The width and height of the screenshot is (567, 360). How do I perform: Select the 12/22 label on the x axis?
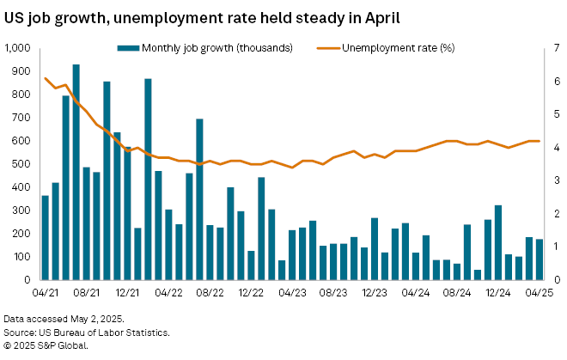click(x=250, y=293)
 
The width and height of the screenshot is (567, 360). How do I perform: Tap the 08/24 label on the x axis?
click(x=456, y=293)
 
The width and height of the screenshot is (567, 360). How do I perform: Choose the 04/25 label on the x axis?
click(x=539, y=293)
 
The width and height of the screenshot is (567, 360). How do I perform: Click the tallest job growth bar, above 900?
click(x=76, y=172)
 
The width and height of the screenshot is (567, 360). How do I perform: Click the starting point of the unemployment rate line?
click(x=46, y=78)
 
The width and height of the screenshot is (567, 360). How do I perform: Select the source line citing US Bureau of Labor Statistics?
click(x=86, y=332)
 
